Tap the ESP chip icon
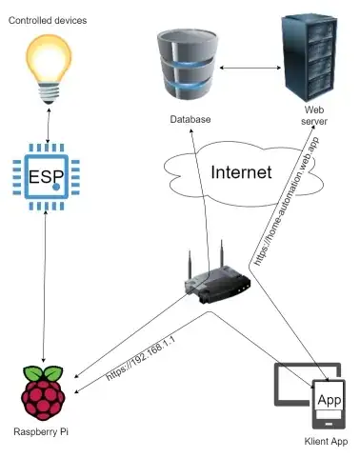pyautogui.click(x=45, y=177)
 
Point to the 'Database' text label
pyautogui.click(x=190, y=121)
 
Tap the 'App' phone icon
pyautogui.click(x=330, y=405)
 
